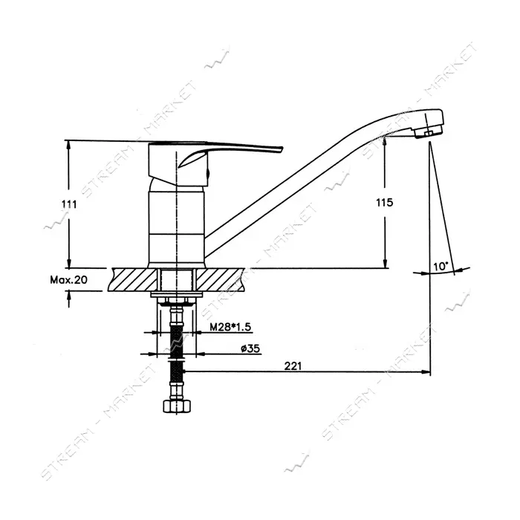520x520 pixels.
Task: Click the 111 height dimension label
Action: tap(69, 204)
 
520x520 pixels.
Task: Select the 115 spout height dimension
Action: tap(385, 202)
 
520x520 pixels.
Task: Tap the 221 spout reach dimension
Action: tap(293, 365)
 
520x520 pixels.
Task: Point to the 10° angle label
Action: tap(441, 266)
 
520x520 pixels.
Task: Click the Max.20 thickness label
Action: tap(68, 280)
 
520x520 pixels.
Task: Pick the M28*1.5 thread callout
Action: tap(230, 327)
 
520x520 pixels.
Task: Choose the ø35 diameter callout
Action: tap(250, 348)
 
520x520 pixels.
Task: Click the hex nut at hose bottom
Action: tap(178, 406)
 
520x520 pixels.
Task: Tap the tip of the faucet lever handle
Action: tap(282, 149)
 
